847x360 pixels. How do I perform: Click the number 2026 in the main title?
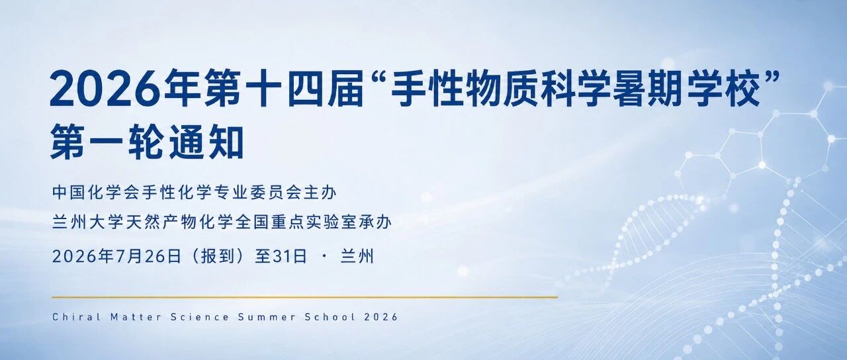click(103, 88)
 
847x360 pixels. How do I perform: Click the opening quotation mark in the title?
click(377, 77)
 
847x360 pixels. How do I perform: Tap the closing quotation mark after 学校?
click(772, 77)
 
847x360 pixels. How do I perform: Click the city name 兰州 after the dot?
click(357, 256)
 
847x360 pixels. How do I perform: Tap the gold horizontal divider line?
click(305, 297)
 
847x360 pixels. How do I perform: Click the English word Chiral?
click(76, 317)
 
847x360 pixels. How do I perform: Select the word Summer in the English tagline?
click(266, 317)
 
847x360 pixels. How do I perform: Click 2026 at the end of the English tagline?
click(381, 317)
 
